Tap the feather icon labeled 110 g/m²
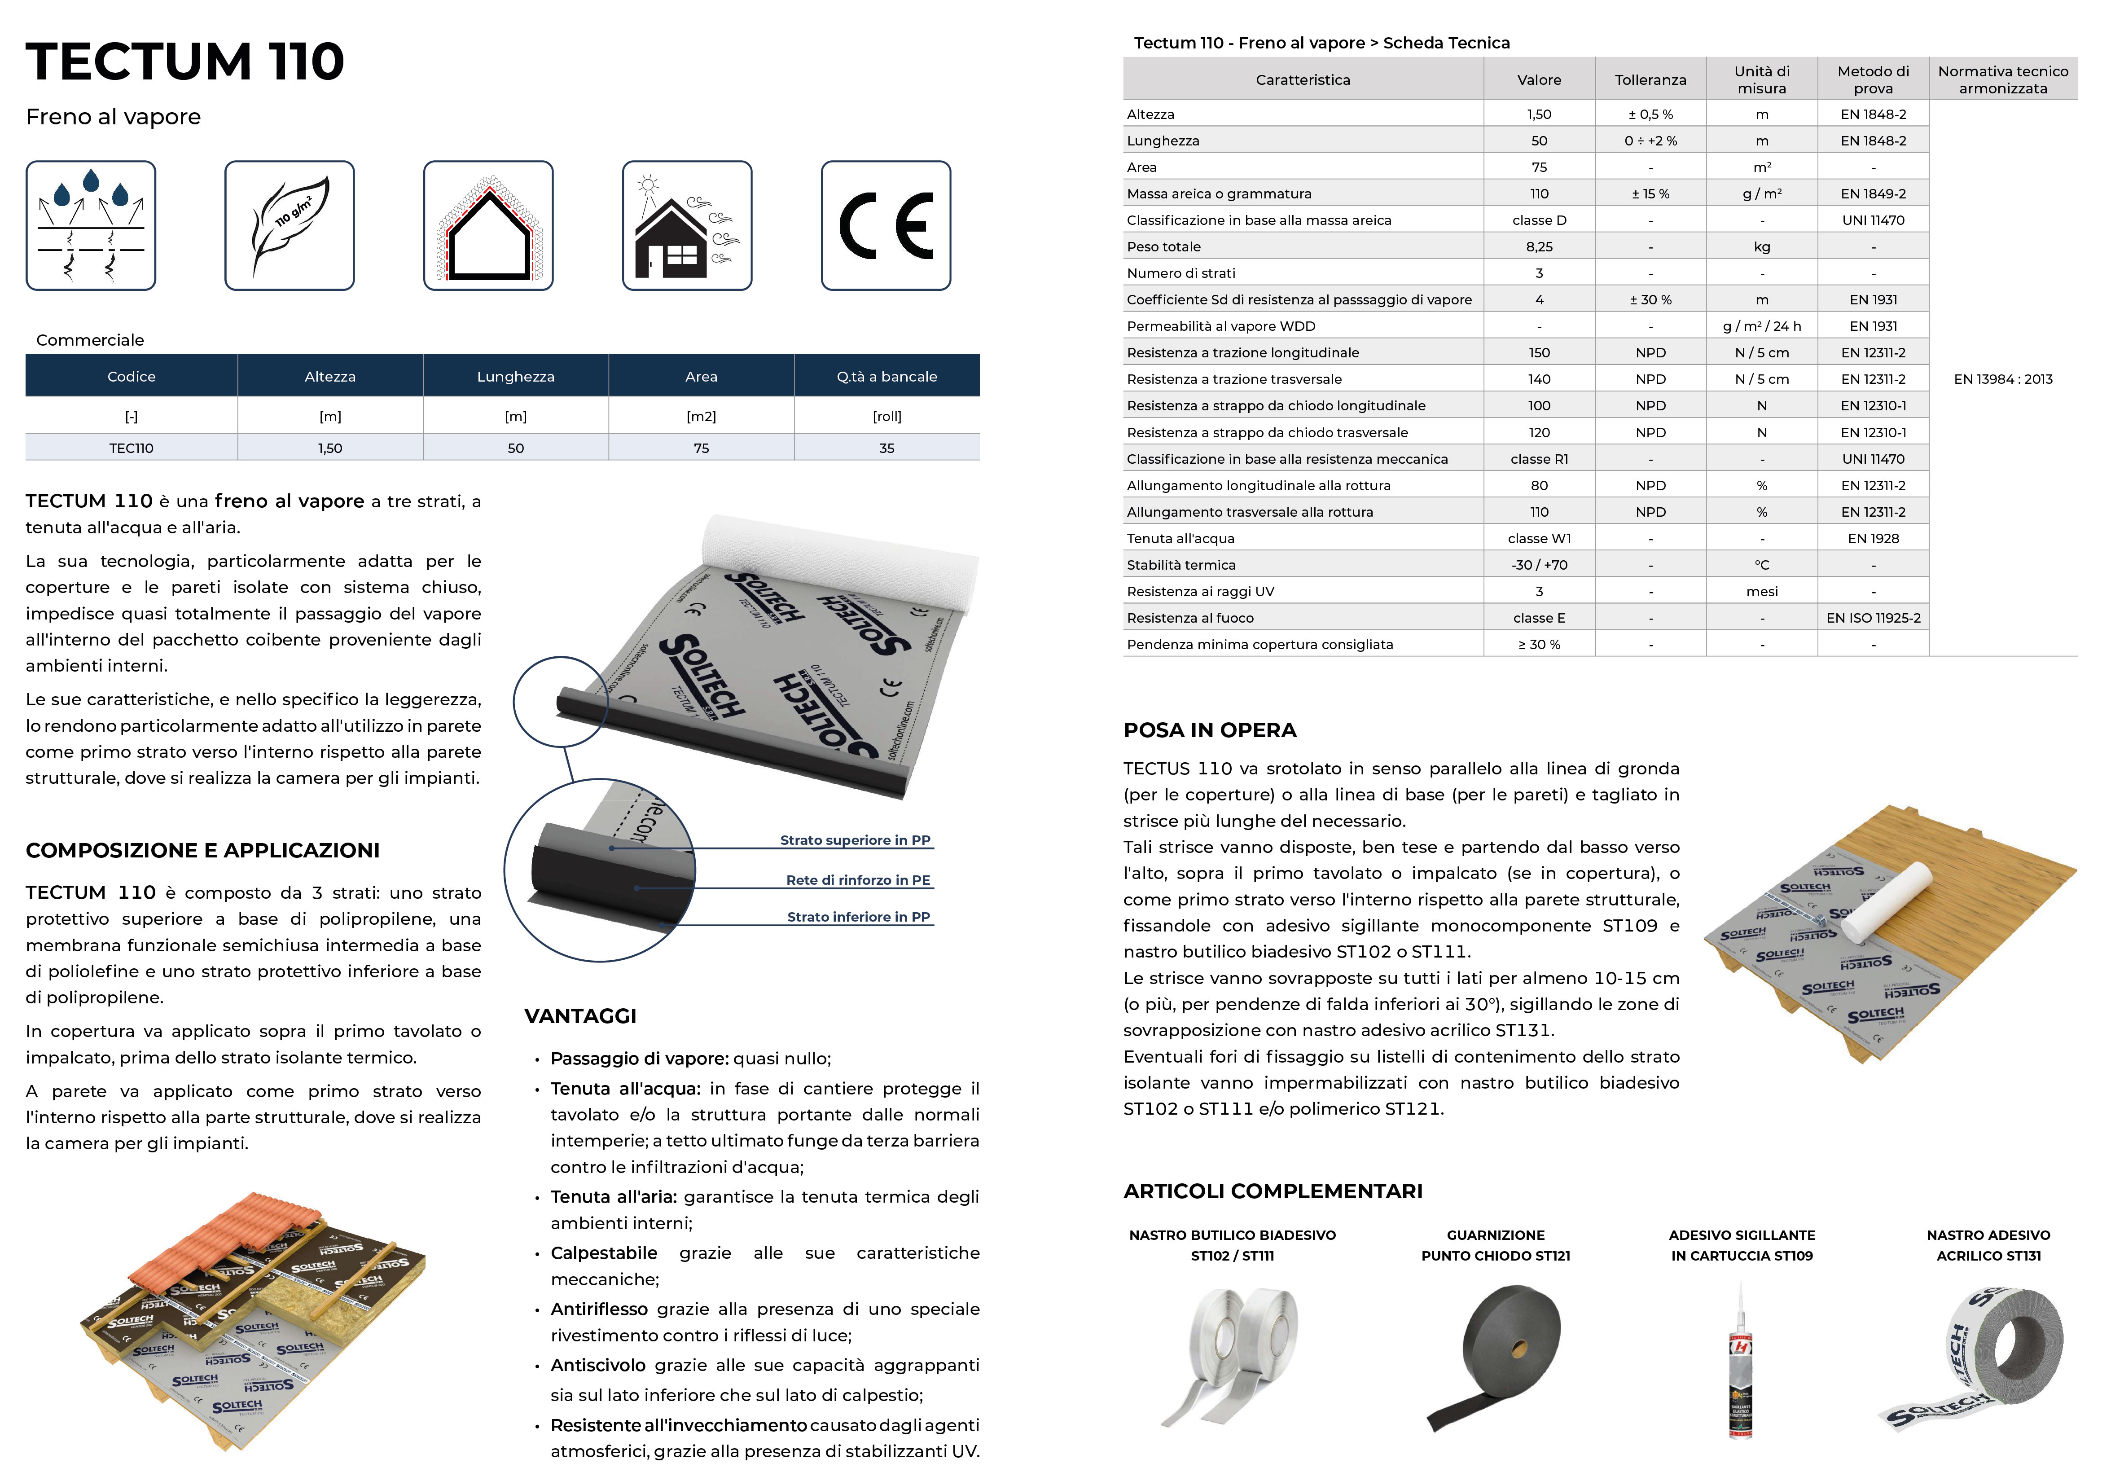[290, 225]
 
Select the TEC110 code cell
[131, 448]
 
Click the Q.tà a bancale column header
[886, 376]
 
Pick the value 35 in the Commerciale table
[886, 448]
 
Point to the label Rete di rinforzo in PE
[858, 880]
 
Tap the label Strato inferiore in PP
[858, 916]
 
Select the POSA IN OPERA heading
[1209, 729]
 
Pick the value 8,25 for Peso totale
[1539, 246]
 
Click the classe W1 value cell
[1539, 538]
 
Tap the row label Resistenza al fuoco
[1190, 618]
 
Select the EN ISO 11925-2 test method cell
[1873, 618]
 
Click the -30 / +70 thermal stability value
[1539, 565]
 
